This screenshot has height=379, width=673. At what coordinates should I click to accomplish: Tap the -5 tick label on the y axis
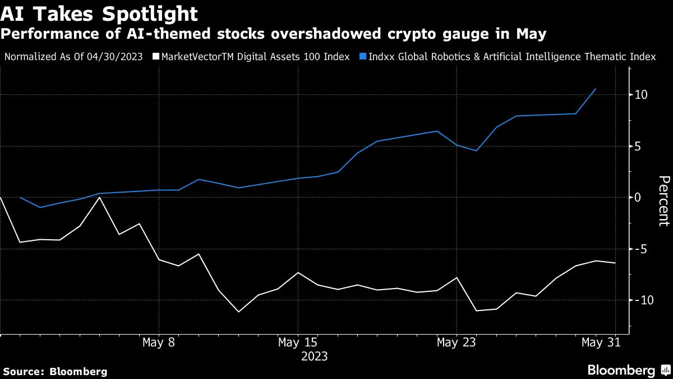point(642,249)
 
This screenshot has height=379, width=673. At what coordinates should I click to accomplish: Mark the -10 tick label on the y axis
point(644,300)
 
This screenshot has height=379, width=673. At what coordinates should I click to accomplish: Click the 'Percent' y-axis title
point(663,200)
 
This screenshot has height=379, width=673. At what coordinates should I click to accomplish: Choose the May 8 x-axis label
point(159,343)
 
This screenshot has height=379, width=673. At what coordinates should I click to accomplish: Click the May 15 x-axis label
point(298,343)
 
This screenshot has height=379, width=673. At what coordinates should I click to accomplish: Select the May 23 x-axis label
point(457,343)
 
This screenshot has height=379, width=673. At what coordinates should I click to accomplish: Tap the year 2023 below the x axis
point(314,357)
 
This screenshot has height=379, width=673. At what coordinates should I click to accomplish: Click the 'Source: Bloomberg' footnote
point(55,371)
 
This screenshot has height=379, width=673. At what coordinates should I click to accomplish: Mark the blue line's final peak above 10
point(595,89)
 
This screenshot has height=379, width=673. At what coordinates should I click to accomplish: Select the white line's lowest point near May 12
point(239,312)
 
